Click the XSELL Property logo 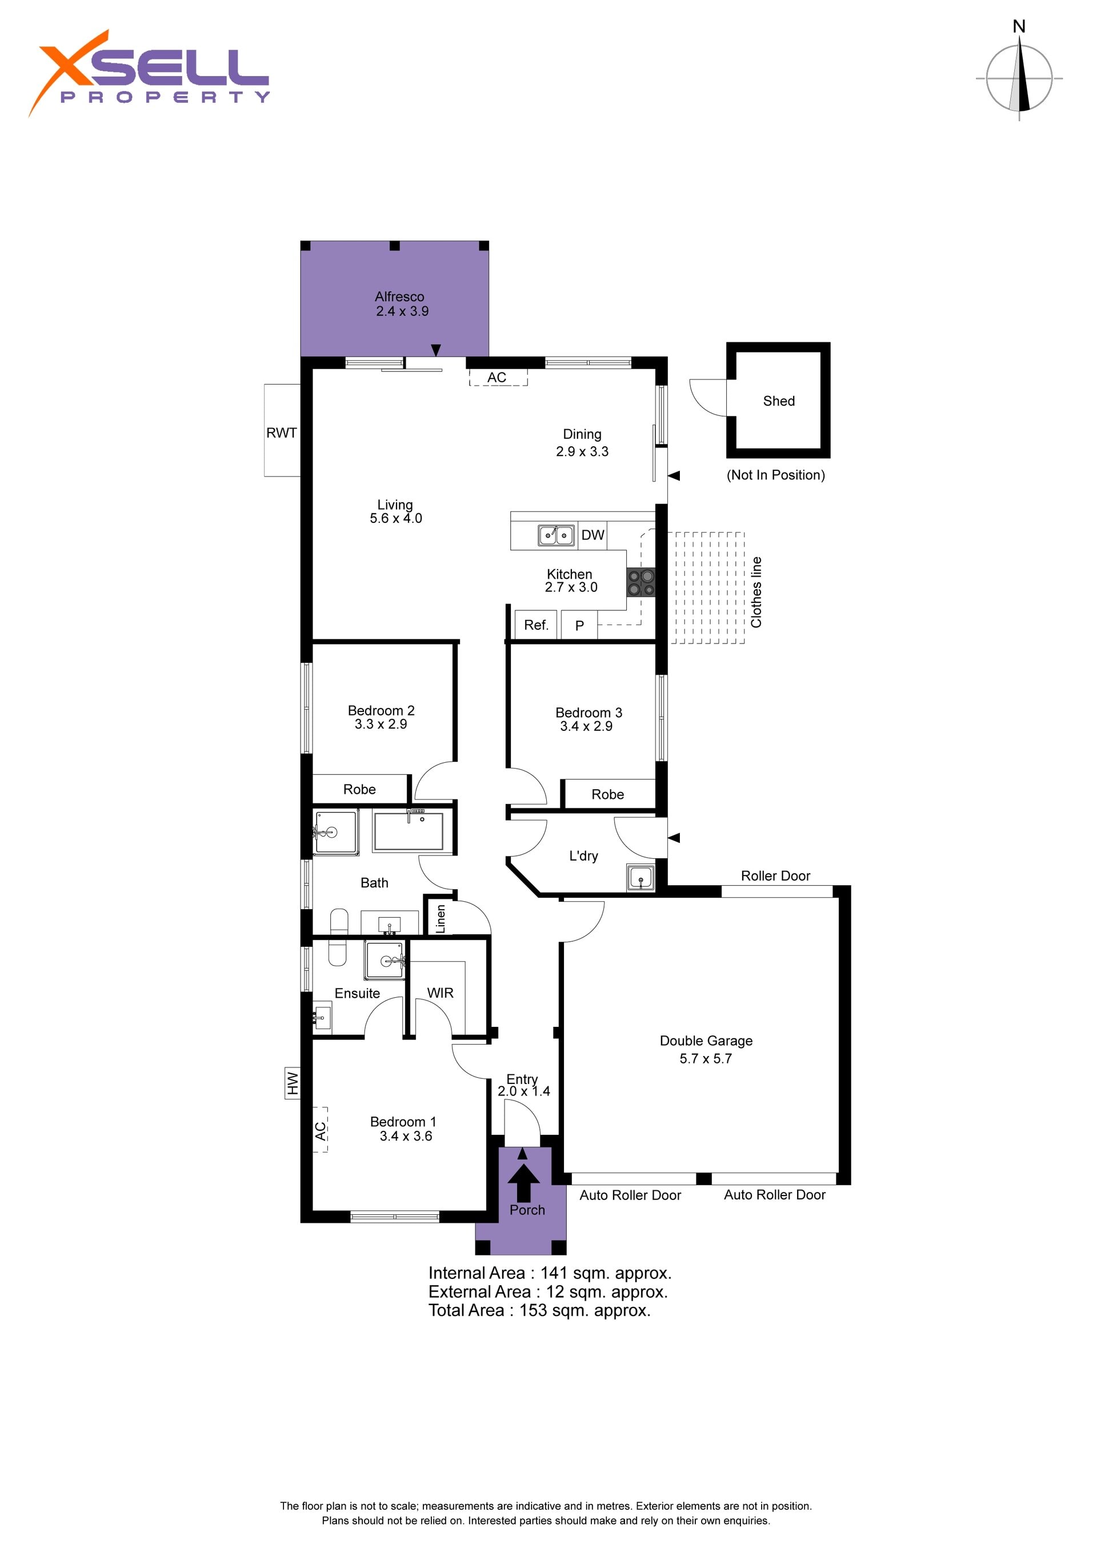pos(149,73)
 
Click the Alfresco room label pos(399,296)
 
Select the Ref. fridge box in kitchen pos(536,625)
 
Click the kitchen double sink pos(556,535)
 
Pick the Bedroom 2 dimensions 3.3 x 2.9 pos(381,724)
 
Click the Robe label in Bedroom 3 pos(608,794)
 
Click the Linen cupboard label pos(441,919)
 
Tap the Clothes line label pos(756,592)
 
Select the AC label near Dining pos(497,377)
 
